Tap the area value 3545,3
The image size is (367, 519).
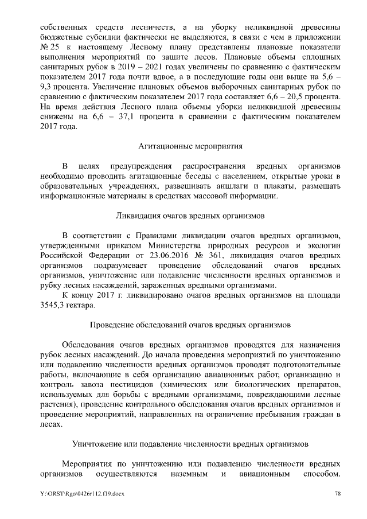(54, 306)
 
